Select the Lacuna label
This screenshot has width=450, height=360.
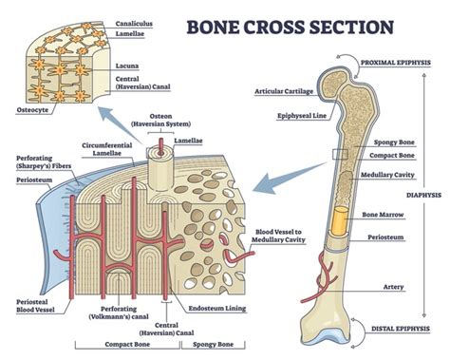tap(127, 66)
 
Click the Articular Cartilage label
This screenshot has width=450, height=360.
tap(286, 92)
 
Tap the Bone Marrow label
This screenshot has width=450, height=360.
tap(382, 215)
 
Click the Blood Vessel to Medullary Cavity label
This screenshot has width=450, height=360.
tap(279, 237)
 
